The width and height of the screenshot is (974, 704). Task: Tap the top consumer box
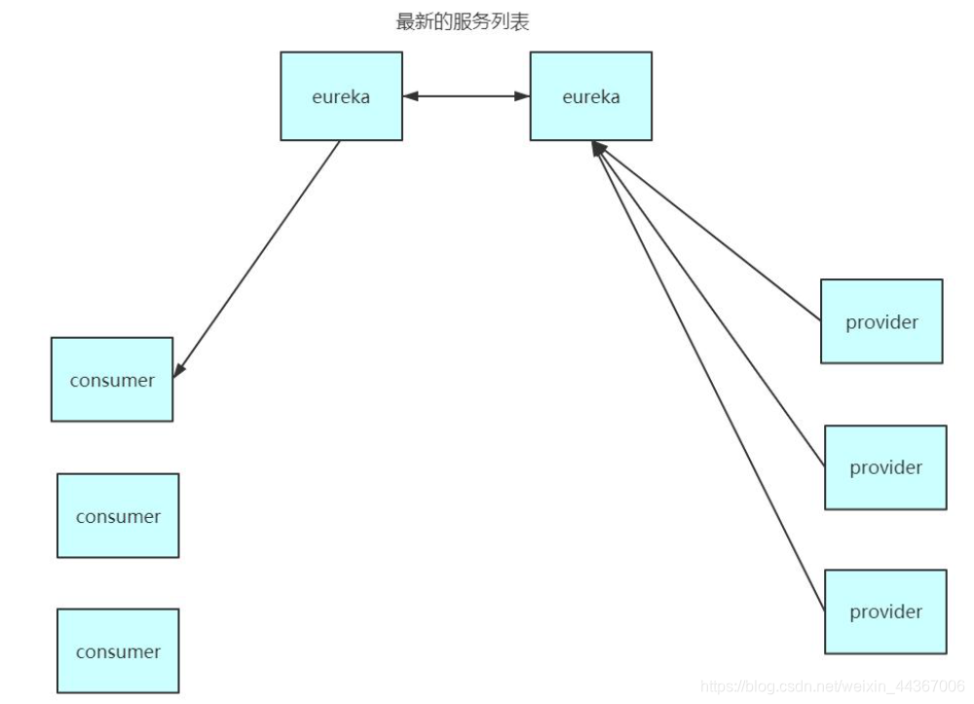tap(112, 380)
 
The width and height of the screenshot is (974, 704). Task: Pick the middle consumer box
tap(118, 516)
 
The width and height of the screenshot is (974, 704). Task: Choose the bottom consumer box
tap(118, 651)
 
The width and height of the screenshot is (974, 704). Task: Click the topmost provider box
tap(881, 321)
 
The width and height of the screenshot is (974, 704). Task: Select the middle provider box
tap(885, 467)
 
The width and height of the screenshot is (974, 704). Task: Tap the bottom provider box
tap(885, 611)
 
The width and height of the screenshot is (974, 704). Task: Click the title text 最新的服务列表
tap(463, 22)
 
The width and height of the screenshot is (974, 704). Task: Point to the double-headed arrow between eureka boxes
tap(466, 96)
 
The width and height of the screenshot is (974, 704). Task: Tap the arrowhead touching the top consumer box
tap(179, 369)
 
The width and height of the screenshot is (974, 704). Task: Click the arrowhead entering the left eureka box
tap(410, 96)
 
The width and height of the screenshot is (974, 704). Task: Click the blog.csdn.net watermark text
tap(833, 687)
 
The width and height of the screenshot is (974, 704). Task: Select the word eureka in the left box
tap(341, 97)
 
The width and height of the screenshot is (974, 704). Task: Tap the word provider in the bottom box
tap(885, 611)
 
